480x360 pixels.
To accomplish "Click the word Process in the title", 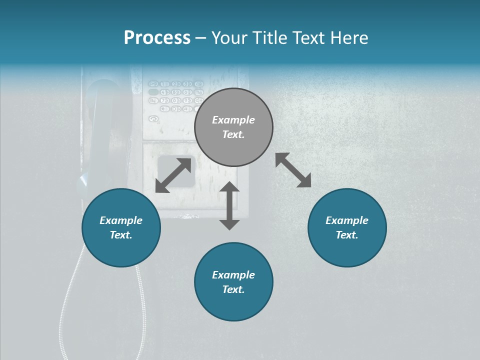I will coord(157,38).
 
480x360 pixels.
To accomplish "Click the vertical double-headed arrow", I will coord(229,205).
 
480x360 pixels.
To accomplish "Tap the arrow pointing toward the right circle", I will coord(293,170).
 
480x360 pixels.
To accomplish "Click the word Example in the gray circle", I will coord(233,120).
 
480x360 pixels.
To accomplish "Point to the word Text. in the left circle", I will coord(121,235).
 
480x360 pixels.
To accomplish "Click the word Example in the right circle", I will coord(347,220).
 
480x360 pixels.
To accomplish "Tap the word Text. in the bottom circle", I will coord(233,289).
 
